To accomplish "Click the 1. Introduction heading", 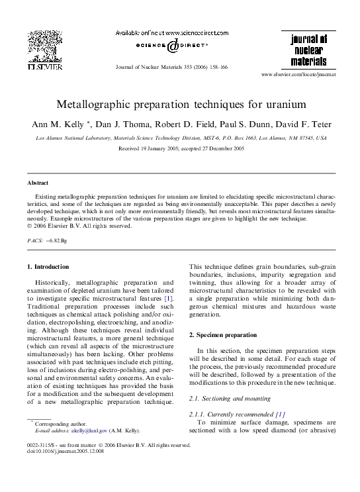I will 48,267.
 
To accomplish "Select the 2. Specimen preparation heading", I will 220,335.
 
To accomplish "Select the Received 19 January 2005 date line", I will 180,149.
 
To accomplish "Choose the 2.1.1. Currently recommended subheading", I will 230,413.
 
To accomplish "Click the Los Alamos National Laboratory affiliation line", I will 180,138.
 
